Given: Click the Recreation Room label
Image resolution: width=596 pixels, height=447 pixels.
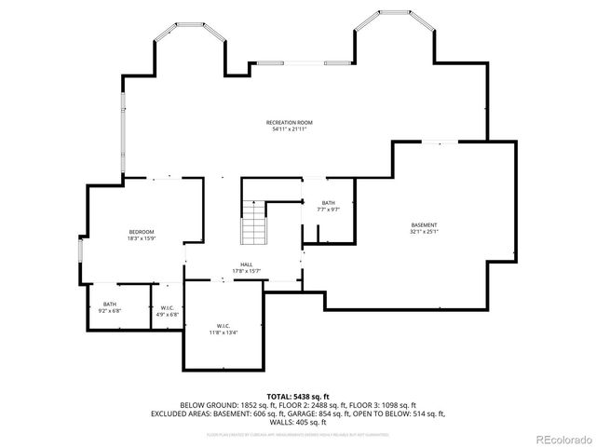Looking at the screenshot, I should pos(289,123).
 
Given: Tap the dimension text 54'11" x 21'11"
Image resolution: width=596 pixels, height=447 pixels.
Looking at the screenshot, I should pos(289,129).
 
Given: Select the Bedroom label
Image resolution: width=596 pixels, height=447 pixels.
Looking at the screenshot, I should pos(142,231).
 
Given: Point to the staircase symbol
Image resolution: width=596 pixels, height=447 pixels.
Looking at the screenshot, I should pos(254,223).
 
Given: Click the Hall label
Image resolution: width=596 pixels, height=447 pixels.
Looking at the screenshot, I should pos(247,264).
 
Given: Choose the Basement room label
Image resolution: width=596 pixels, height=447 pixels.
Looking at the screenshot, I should pos(425,225).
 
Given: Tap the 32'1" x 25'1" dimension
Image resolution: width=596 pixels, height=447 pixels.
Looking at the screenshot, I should pos(425,232).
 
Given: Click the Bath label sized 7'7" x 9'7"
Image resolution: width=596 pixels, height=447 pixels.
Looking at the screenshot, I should pos(328,203).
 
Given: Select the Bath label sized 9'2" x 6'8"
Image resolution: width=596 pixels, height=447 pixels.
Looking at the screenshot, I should pos(110,304).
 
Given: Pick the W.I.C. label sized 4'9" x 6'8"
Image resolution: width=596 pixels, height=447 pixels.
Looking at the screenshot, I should pos(168,307).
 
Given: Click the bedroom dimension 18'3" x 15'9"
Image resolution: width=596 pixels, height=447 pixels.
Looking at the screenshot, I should pos(142,237).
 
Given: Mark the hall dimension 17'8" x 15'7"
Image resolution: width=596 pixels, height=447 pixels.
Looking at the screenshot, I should pos(247,271).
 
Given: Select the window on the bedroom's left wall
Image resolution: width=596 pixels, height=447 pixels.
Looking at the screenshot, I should pos(81,251).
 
